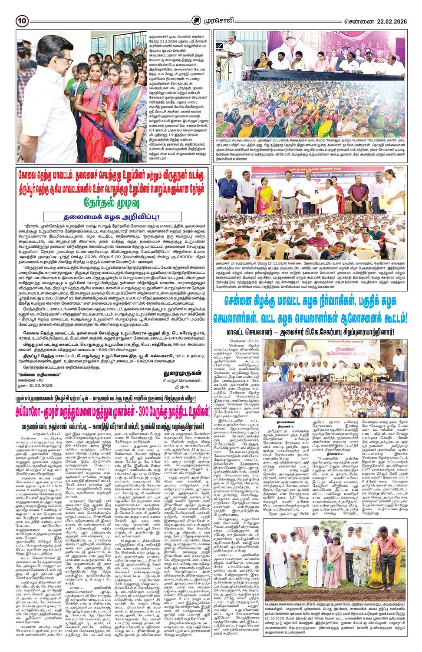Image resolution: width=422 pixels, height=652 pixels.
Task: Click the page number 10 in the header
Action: tap(22, 20)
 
